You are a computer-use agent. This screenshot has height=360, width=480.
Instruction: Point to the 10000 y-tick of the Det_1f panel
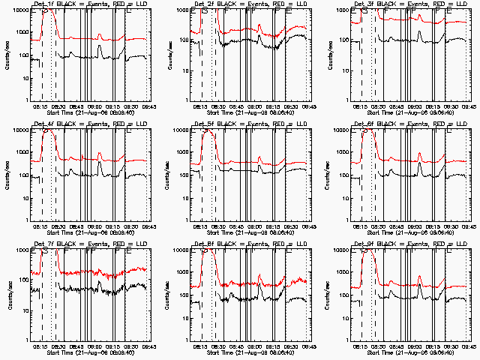pos(19,10)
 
